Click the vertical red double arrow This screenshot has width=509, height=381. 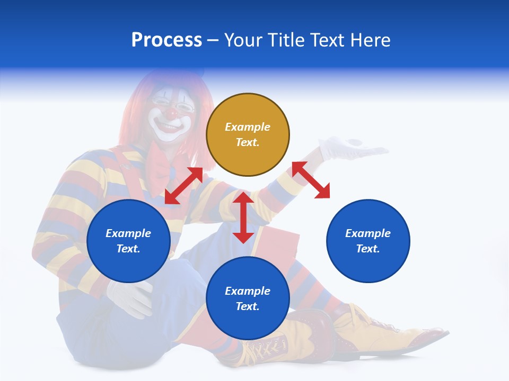pos(243,217)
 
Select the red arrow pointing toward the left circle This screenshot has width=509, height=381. pos(183,186)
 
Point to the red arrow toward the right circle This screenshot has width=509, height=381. pos(311,180)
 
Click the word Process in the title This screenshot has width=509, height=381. pos(166,40)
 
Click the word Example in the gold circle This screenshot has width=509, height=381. pos(248,127)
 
